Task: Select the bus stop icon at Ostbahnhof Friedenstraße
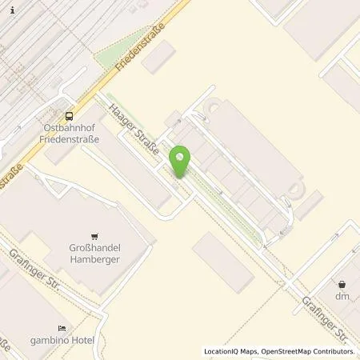tap(70, 114)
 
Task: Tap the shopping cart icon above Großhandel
tap(95, 236)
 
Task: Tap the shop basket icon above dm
tap(342, 284)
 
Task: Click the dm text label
tap(342, 296)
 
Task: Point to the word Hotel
tap(82, 341)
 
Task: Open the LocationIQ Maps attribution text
tap(231, 351)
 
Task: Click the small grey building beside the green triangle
tap(159, 58)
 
